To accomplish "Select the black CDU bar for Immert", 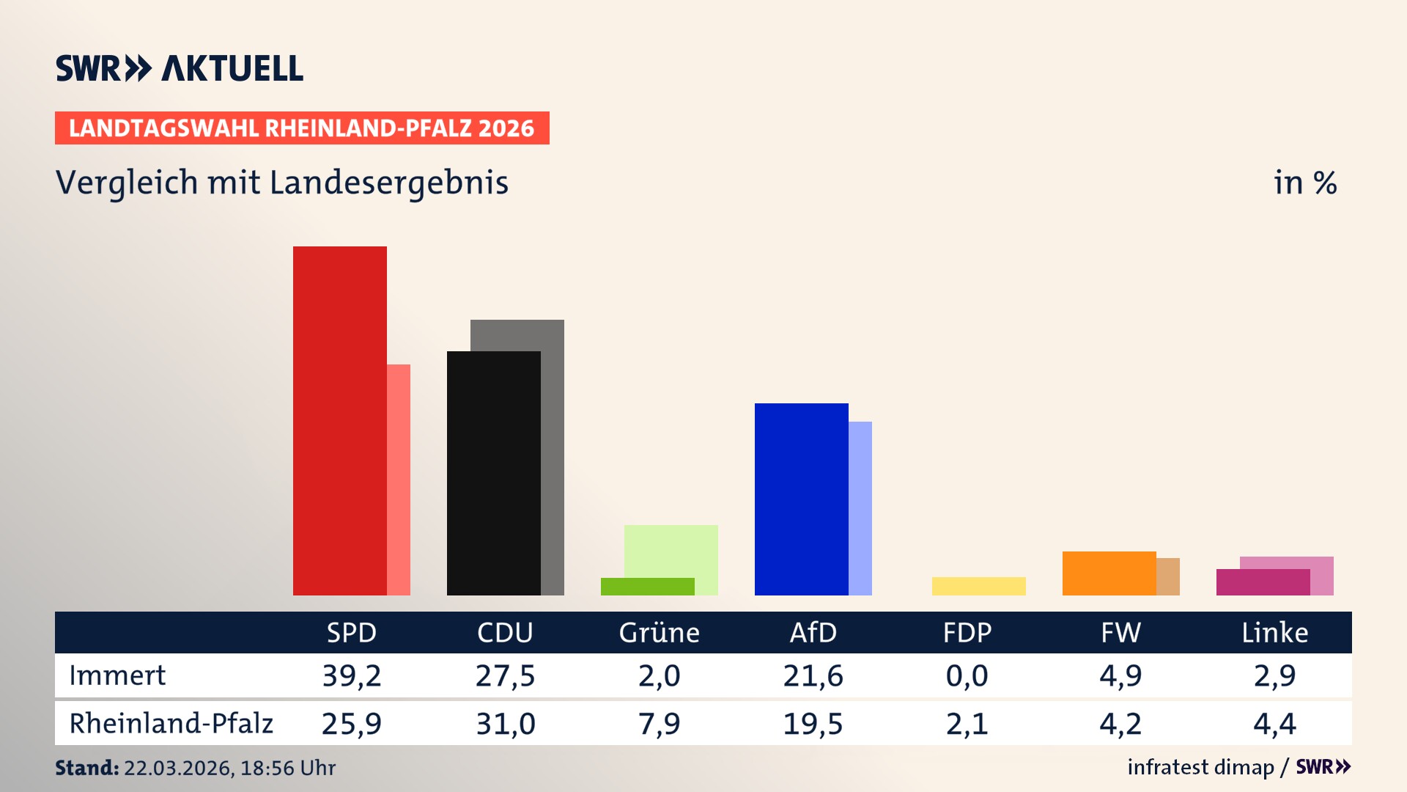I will [493, 473].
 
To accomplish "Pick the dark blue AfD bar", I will [801, 499].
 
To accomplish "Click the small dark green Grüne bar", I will [647, 587].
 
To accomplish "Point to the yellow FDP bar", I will [978, 586].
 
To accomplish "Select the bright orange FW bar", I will [1109, 573].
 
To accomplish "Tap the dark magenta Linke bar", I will [1263, 582].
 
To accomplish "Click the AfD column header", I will [813, 632].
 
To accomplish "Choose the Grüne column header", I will [659, 632].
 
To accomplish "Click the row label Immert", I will [117, 675].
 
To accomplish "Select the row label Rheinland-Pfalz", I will [171, 723].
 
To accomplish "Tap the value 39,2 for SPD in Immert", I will [352, 675].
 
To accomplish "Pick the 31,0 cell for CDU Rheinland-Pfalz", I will [506, 724].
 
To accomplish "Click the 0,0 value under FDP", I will [967, 675].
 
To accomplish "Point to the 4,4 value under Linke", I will [1274, 724].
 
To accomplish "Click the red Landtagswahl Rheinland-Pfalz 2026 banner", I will [302, 128].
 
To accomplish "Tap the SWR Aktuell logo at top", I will [180, 68].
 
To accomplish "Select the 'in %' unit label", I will [1304, 183].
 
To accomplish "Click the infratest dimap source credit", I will [1200, 767].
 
